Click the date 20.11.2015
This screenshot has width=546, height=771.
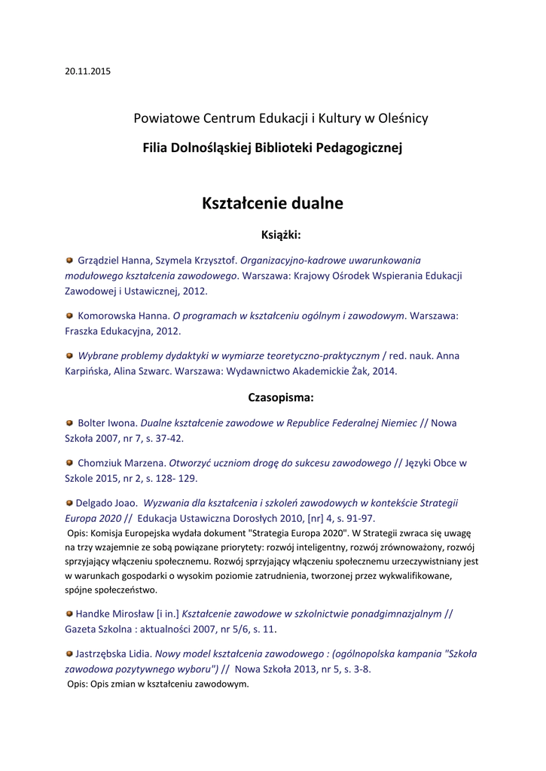pos(87,72)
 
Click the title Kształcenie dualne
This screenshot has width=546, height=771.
pos(273,203)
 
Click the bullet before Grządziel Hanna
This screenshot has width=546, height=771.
pos(69,260)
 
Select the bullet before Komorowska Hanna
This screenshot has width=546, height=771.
pos(69,315)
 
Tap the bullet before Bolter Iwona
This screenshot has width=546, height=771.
pos(69,423)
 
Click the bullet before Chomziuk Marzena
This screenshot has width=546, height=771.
pos(69,463)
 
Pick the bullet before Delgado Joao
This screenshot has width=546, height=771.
pos(69,503)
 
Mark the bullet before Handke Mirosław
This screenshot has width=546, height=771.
pos(69,614)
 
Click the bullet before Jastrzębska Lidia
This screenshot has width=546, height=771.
pos(69,654)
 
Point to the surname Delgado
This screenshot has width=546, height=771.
pos(97,503)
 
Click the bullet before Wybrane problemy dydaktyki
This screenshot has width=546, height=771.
pos(69,355)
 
